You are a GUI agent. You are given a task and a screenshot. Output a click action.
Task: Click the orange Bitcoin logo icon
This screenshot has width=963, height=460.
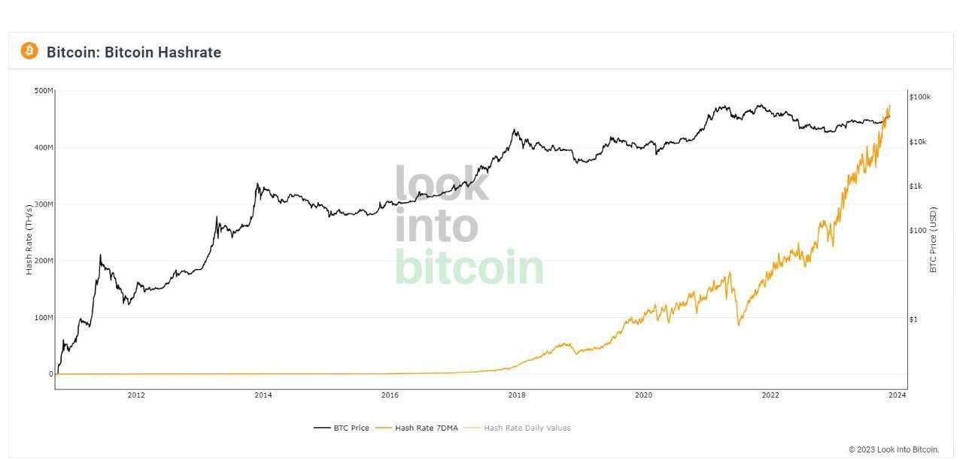(29, 51)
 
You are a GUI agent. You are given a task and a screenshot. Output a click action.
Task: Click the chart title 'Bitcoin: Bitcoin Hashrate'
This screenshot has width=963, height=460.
(134, 53)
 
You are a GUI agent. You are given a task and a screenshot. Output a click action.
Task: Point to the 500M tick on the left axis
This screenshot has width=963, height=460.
(44, 91)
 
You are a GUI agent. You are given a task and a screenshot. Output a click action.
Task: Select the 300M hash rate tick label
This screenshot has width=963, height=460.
(44, 204)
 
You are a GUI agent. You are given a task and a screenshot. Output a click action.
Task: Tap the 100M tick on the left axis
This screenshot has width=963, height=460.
(44, 318)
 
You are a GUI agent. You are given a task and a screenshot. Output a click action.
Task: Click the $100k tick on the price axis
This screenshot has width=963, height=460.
(920, 97)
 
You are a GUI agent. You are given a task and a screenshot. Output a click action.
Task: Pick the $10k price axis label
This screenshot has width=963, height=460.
(919, 142)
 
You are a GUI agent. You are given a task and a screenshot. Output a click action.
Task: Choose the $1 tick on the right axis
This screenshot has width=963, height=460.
(913, 319)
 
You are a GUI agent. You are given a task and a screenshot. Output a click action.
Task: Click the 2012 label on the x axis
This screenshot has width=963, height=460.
(136, 395)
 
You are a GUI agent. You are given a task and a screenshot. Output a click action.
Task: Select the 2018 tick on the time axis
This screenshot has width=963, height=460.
(517, 395)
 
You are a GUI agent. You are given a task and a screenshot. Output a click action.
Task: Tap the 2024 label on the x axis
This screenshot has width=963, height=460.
(897, 395)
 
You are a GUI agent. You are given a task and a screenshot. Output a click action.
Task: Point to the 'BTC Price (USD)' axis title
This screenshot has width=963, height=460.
(934, 239)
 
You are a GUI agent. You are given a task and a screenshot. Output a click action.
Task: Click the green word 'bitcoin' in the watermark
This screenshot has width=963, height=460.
(469, 268)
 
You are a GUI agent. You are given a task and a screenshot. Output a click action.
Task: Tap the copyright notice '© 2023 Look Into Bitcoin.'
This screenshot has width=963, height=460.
(894, 449)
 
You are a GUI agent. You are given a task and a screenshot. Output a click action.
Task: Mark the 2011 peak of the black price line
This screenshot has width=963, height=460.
(100, 256)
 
